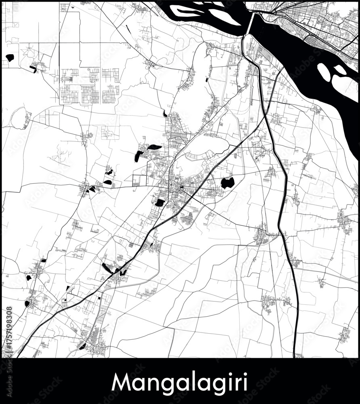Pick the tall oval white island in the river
pyautogui.click(x=324, y=72)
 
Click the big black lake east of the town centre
pyautogui.click(x=227, y=183)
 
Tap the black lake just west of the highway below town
pyautogui.click(x=160, y=202)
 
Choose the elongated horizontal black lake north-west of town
pyautogui.click(x=154, y=147)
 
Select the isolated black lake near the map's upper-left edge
pyautogui.click(x=10, y=58)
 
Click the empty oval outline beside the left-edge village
pyautogui.click(x=18, y=118)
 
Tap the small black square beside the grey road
pyautogui.click(x=99, y=298)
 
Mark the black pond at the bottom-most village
pyautogui.click(x=82, y=346)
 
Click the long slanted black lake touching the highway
pyautogui.click(x=107, y=268)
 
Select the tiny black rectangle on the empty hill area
pyautogui.click(x=207, y=80)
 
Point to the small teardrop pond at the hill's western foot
pyautogui.click(x=165, y=114)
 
